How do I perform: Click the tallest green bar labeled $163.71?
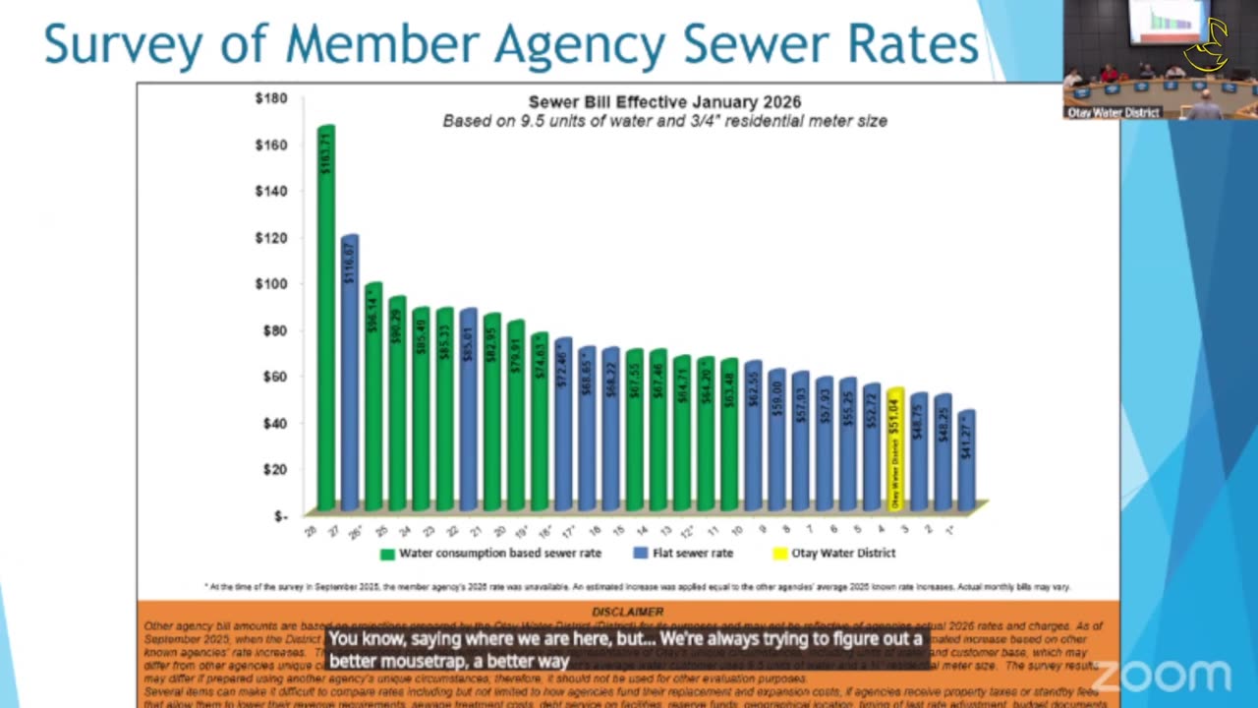[326, 315]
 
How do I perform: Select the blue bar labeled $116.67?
[350, 374]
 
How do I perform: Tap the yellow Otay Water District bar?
[895, 450]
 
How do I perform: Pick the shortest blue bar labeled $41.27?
[967, 462]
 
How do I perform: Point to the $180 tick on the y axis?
[270, 98]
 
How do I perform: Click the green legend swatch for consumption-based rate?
[387, 554]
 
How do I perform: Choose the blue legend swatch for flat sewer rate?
[641, 554]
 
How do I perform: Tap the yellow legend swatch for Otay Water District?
[780, 554]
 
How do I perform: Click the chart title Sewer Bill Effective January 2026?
[664, 102]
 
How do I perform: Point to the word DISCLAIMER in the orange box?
[628, 613]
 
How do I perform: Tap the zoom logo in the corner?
[1164, 677]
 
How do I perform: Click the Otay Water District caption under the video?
[1115, 113]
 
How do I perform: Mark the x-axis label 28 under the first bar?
[311, 531]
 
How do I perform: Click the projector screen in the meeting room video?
[1168, 20]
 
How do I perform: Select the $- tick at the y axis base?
[280, 515]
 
